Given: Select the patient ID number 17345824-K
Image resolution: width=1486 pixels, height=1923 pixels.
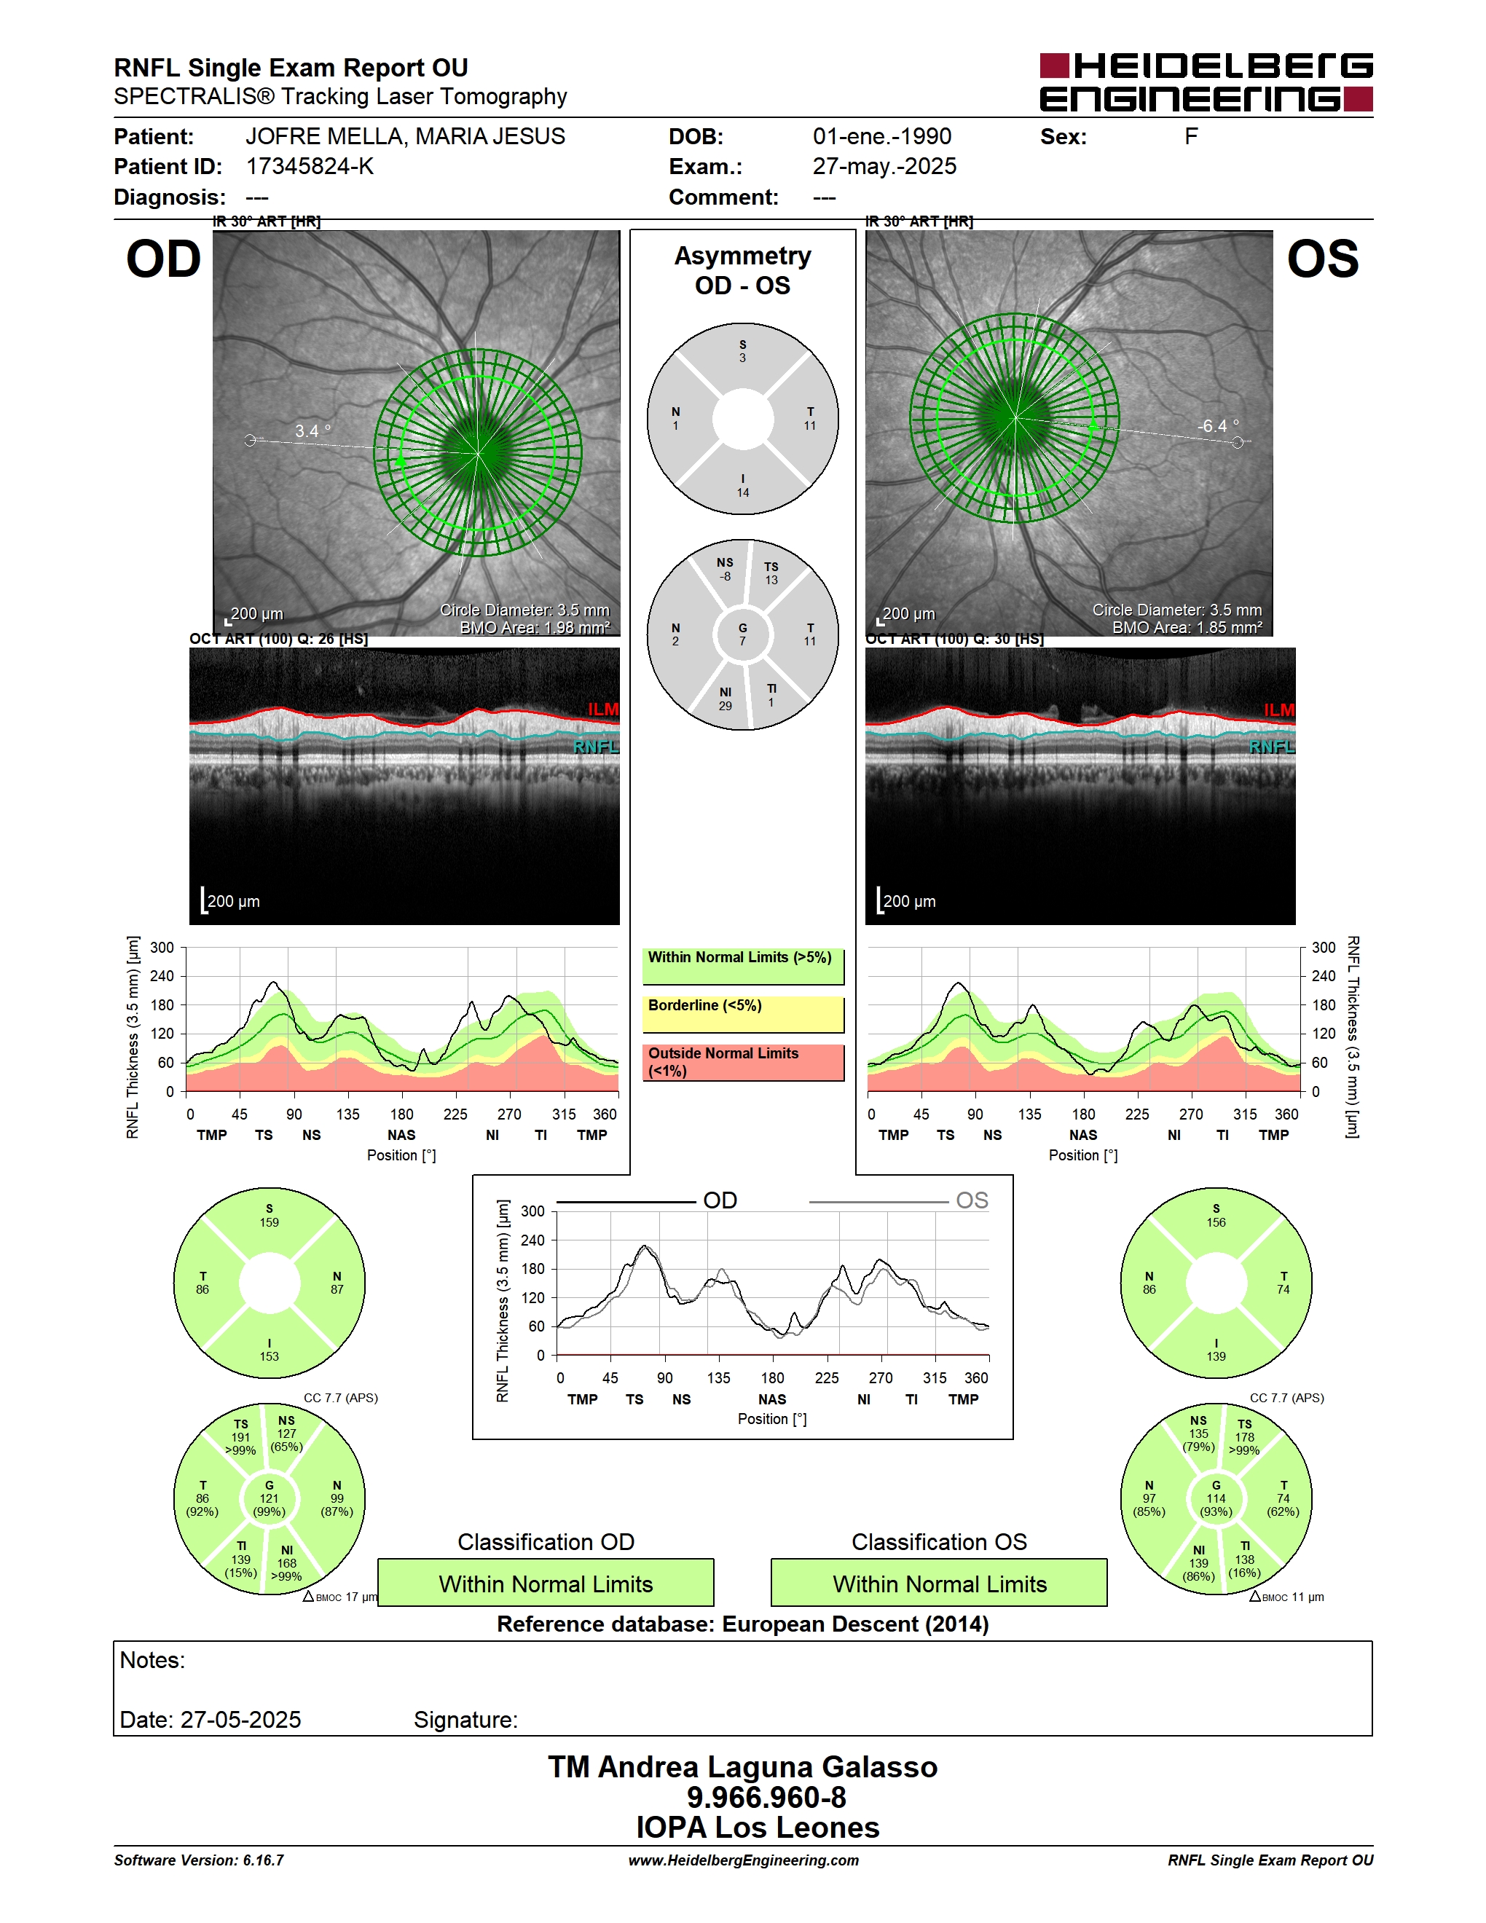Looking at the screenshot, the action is pos(310,166).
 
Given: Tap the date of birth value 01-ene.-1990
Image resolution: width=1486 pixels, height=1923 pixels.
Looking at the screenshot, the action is pos(882,136).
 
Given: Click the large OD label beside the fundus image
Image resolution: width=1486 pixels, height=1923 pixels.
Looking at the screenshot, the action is pos(164,260).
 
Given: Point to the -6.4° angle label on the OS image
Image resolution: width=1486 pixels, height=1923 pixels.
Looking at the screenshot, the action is pos(1217,426).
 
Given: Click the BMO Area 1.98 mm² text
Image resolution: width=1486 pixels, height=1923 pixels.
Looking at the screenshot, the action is pos(535,628).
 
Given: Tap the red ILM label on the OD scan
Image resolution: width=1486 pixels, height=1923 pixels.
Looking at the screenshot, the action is pos(603,709).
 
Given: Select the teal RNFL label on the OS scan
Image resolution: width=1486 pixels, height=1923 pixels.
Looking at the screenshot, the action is pos(1271,747).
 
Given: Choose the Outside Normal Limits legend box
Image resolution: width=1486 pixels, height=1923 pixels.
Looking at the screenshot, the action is pos(743,1062).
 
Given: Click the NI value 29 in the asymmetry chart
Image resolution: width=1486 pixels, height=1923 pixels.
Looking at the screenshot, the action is pos(726,705).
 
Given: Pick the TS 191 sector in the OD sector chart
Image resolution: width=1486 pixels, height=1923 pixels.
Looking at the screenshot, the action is pos(240,1437).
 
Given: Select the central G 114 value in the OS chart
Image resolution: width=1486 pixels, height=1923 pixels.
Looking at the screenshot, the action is pos(1216,1498).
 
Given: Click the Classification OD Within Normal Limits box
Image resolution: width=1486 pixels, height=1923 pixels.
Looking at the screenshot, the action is pos(546,1583).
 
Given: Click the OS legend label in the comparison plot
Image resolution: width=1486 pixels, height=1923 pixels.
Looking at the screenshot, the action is pos(972,1200).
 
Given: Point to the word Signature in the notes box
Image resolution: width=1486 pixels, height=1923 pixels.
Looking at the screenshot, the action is pos(465,1720).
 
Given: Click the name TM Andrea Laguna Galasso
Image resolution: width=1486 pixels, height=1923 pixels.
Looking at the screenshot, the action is pos(743,1767).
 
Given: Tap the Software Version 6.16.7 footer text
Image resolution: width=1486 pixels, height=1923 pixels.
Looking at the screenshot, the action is pos(199,1860).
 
